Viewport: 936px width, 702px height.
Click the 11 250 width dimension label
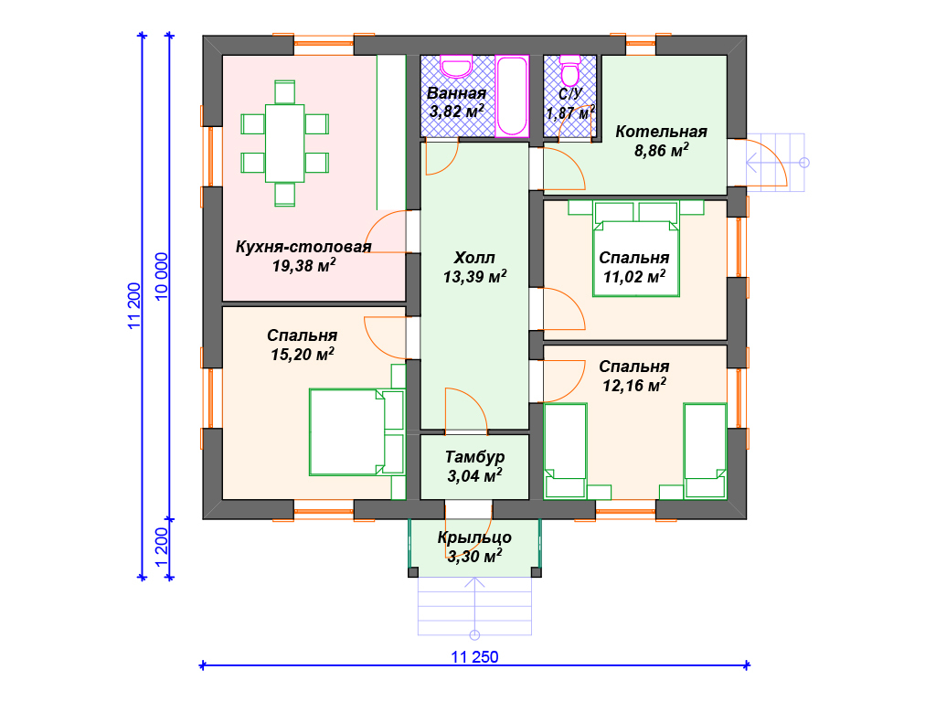474,656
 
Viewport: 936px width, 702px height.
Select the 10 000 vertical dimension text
162,277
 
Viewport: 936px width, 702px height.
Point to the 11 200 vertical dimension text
134,305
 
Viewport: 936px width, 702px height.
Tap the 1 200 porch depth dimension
162,548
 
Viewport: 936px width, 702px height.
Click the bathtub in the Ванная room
512,96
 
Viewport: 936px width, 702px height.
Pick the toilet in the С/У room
570,70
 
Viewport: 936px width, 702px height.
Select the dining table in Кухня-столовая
285,144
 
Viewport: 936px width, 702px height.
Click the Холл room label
474,258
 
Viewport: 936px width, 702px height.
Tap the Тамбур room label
474,457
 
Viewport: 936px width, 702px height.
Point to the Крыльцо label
474,537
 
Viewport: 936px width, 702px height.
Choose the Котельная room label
662,132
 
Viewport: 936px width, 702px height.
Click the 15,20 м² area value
303,354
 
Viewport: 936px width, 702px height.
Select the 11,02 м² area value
634,276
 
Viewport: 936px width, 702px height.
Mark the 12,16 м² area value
634,385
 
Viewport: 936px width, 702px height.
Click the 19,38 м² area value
303,265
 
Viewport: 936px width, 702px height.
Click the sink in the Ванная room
457,67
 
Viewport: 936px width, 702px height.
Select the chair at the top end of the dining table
285,92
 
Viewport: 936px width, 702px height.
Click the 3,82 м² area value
457,111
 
